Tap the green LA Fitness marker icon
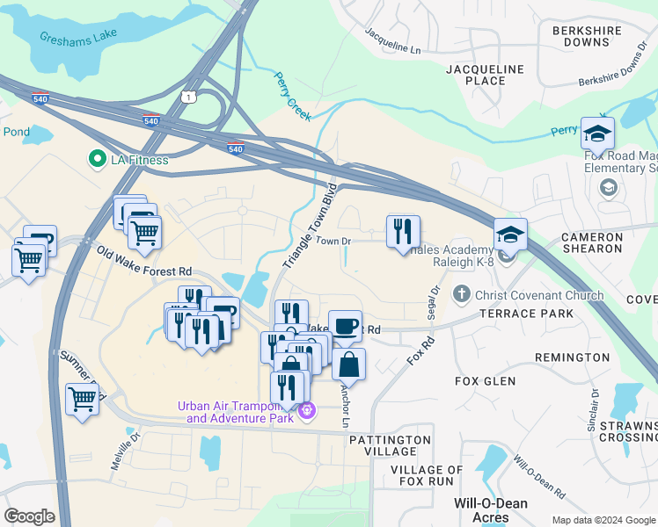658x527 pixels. (95, 160)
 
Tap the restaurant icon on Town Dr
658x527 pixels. (403, 232)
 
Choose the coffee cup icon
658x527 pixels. (345, 327)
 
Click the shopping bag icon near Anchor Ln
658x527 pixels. (348, 365)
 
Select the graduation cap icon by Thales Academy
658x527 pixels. (510, 235)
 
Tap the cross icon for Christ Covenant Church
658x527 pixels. (460, 295)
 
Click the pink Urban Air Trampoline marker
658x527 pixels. (306, 410)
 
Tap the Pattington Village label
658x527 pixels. (390, 445)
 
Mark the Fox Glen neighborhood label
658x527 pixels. (485, 381)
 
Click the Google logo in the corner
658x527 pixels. (29, 516)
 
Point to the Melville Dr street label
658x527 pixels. (125, 451)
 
